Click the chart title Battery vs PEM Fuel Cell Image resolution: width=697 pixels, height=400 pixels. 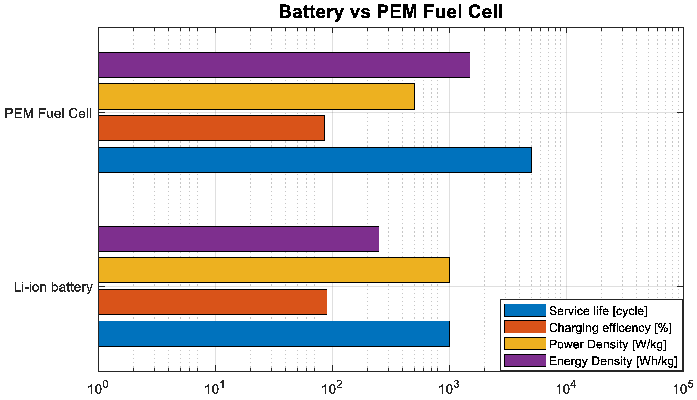point(391,12)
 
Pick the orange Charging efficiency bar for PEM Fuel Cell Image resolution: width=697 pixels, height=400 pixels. point(211,128)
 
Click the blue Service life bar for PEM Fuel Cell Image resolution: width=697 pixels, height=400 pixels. point(314,160)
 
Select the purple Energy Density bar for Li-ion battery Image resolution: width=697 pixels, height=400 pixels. point(239,239)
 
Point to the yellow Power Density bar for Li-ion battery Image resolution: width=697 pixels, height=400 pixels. point(274,270)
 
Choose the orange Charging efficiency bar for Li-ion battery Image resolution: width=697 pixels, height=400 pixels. point(212,302)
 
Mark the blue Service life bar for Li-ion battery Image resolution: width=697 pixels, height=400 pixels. point(274,333)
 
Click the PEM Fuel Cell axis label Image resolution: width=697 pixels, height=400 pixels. point(48,114)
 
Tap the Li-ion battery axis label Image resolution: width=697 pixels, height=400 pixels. point(53,287)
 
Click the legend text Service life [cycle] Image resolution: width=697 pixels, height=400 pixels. point(598,311)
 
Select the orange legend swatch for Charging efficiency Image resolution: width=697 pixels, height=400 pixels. point(525,327)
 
